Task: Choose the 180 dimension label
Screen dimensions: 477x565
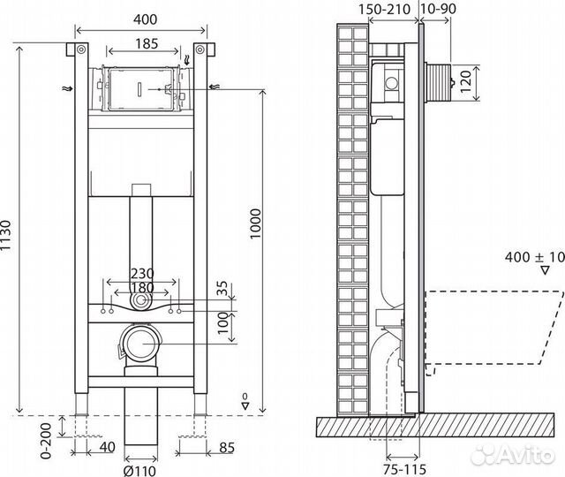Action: point(141,288)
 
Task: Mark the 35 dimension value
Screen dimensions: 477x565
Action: point(222,287)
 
